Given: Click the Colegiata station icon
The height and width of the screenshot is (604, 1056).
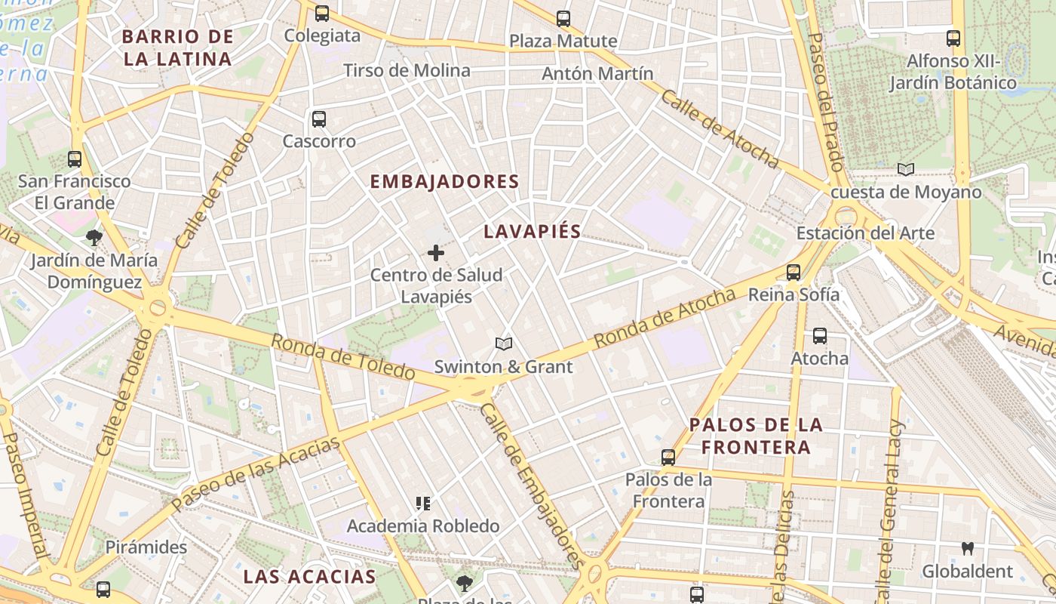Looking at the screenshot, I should click(322, 14).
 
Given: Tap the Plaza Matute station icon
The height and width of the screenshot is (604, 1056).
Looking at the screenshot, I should click(563, 19).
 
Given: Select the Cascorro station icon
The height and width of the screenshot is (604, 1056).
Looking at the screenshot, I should click(319, 119).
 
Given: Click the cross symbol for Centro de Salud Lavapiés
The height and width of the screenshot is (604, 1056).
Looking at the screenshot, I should click(436, 253).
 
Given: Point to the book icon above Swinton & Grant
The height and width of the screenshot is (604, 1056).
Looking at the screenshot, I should click(504, 344).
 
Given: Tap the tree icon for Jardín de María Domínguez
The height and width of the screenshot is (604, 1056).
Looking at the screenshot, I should click(94, 239).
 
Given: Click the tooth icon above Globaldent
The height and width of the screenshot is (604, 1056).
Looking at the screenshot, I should click(967, 549).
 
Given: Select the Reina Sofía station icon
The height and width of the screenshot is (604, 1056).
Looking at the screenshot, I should click(793, 273).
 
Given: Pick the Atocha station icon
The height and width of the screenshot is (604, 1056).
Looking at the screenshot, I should click(819, 336).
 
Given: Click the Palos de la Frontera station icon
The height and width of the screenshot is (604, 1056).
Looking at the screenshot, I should click(668, 458).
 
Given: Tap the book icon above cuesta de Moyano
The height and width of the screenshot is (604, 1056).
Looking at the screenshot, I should click(906, 170).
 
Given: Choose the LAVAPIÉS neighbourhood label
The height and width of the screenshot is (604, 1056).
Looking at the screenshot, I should click(533, 232).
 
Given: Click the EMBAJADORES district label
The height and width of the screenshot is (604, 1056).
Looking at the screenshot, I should click(445, 182).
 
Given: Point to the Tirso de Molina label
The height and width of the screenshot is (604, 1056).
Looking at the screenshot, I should click(407, 71).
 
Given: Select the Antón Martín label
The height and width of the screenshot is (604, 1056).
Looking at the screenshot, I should click(597, 74).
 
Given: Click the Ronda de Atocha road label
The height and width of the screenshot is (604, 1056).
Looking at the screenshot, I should click(664, 318).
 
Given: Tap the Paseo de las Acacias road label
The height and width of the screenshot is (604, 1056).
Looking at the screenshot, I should click(256, 473).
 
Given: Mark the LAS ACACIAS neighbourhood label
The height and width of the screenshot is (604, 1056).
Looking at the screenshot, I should click(309, 577).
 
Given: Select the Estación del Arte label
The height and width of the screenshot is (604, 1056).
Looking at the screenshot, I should click(865, 233).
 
